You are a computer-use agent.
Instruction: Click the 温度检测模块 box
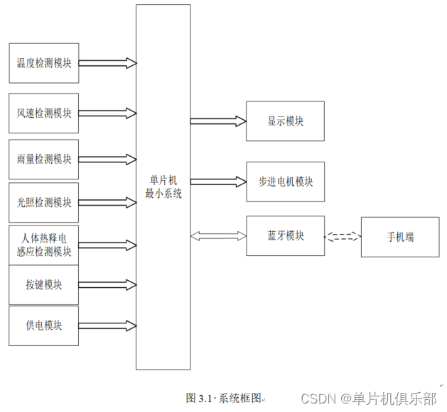point(43,63)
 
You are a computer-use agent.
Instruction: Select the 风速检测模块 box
point(43,112)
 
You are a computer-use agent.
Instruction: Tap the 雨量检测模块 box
point(43,159)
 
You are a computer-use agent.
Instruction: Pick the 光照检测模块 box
point(43,203)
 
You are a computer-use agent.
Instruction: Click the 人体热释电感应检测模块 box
point(43,244)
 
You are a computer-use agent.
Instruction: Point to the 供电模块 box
point(43,325)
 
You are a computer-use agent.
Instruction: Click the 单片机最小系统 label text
point(163,187)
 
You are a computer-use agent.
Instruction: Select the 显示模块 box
point(285,121)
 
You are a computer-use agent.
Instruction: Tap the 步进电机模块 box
point(285,181)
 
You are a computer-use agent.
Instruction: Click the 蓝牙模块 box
point(285,235)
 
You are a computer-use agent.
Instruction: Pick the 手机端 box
point(400,237)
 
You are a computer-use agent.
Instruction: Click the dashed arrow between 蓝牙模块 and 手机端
point(343,236)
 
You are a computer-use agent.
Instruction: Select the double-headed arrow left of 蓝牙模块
point(218,236)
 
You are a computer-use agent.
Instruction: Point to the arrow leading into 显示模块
point(218,121)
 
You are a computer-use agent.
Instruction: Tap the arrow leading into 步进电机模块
point(218,181)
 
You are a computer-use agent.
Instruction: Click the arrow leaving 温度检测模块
point(107,63)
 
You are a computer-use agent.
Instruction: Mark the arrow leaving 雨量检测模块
point(107,159)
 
